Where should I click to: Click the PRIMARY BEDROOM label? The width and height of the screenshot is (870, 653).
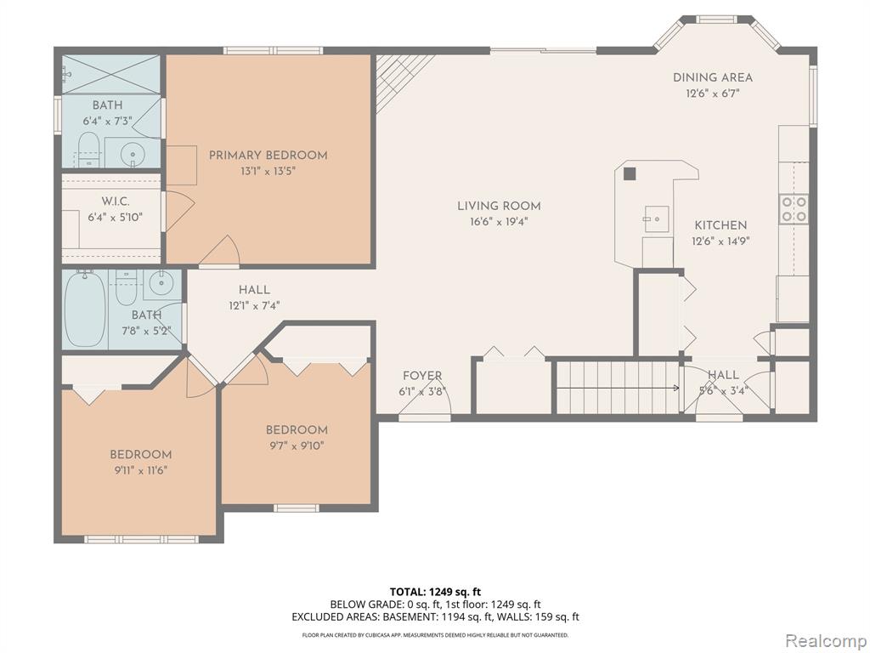click(x=268, y=156)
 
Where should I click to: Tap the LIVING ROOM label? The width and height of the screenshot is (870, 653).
click(x=499, y=206)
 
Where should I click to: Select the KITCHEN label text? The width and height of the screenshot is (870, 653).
click(x=720, y=225)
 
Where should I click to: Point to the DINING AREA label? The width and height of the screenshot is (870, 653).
click(x=713, y=77)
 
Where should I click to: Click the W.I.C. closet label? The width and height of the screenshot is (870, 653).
click(x=116, y=201)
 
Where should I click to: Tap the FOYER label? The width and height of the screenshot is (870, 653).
click(x=422, y=376)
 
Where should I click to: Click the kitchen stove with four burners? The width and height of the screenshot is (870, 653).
click(x=794, y=208)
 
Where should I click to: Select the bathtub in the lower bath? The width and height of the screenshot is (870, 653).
click(x=85, y=309)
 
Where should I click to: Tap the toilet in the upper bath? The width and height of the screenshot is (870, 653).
click(x=88, y=150)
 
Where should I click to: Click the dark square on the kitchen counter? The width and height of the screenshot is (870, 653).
click(x=630, y=173)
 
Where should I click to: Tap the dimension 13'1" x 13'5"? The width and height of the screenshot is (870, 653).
click(x=268, y=172)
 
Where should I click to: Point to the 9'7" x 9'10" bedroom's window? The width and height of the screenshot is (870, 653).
click(x=297, y=508)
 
